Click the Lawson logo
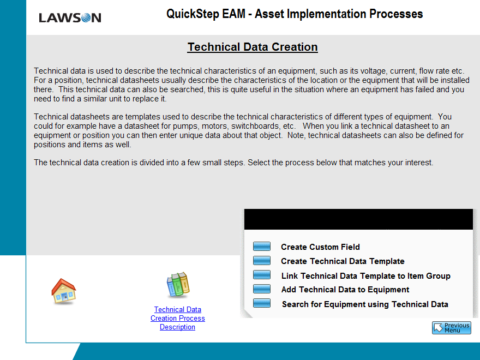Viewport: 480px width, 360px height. pyautogui.click(x=70, y=18)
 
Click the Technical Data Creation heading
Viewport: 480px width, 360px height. pyautogui.click(x=253, y=47)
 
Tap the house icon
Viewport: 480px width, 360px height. pyautogui.click(x=64, y=291)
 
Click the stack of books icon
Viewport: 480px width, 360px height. pyautogui.click(x=178, y=285)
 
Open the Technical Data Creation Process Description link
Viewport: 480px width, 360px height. pyautogui.click(x=178, y=319)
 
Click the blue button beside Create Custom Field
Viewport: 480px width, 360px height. pyautogui.click(x=262, y=247)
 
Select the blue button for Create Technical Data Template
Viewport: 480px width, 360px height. pyautogui.click(x=262, y=261)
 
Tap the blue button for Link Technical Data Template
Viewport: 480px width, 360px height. pyautogui.click(x=262, y=274)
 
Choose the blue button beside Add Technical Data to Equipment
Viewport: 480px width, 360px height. pyautogui.click(x=262, y=289)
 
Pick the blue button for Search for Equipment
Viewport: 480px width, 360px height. pyautogui.click(x=262, y=303)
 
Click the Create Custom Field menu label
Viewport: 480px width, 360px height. pyautogui.click(x=320, y=247)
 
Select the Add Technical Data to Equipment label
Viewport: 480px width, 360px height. pyautogui.click(x=345, y=290)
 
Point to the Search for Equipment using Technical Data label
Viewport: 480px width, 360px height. pyautogui.click(x=365, y=304)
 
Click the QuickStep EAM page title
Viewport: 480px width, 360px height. pyautogui.click(x=295, y=14)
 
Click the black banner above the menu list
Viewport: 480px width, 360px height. pyautogui.click(x=358, y=219)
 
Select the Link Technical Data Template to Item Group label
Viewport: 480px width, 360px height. pyautogui.click(x=366, y=276)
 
